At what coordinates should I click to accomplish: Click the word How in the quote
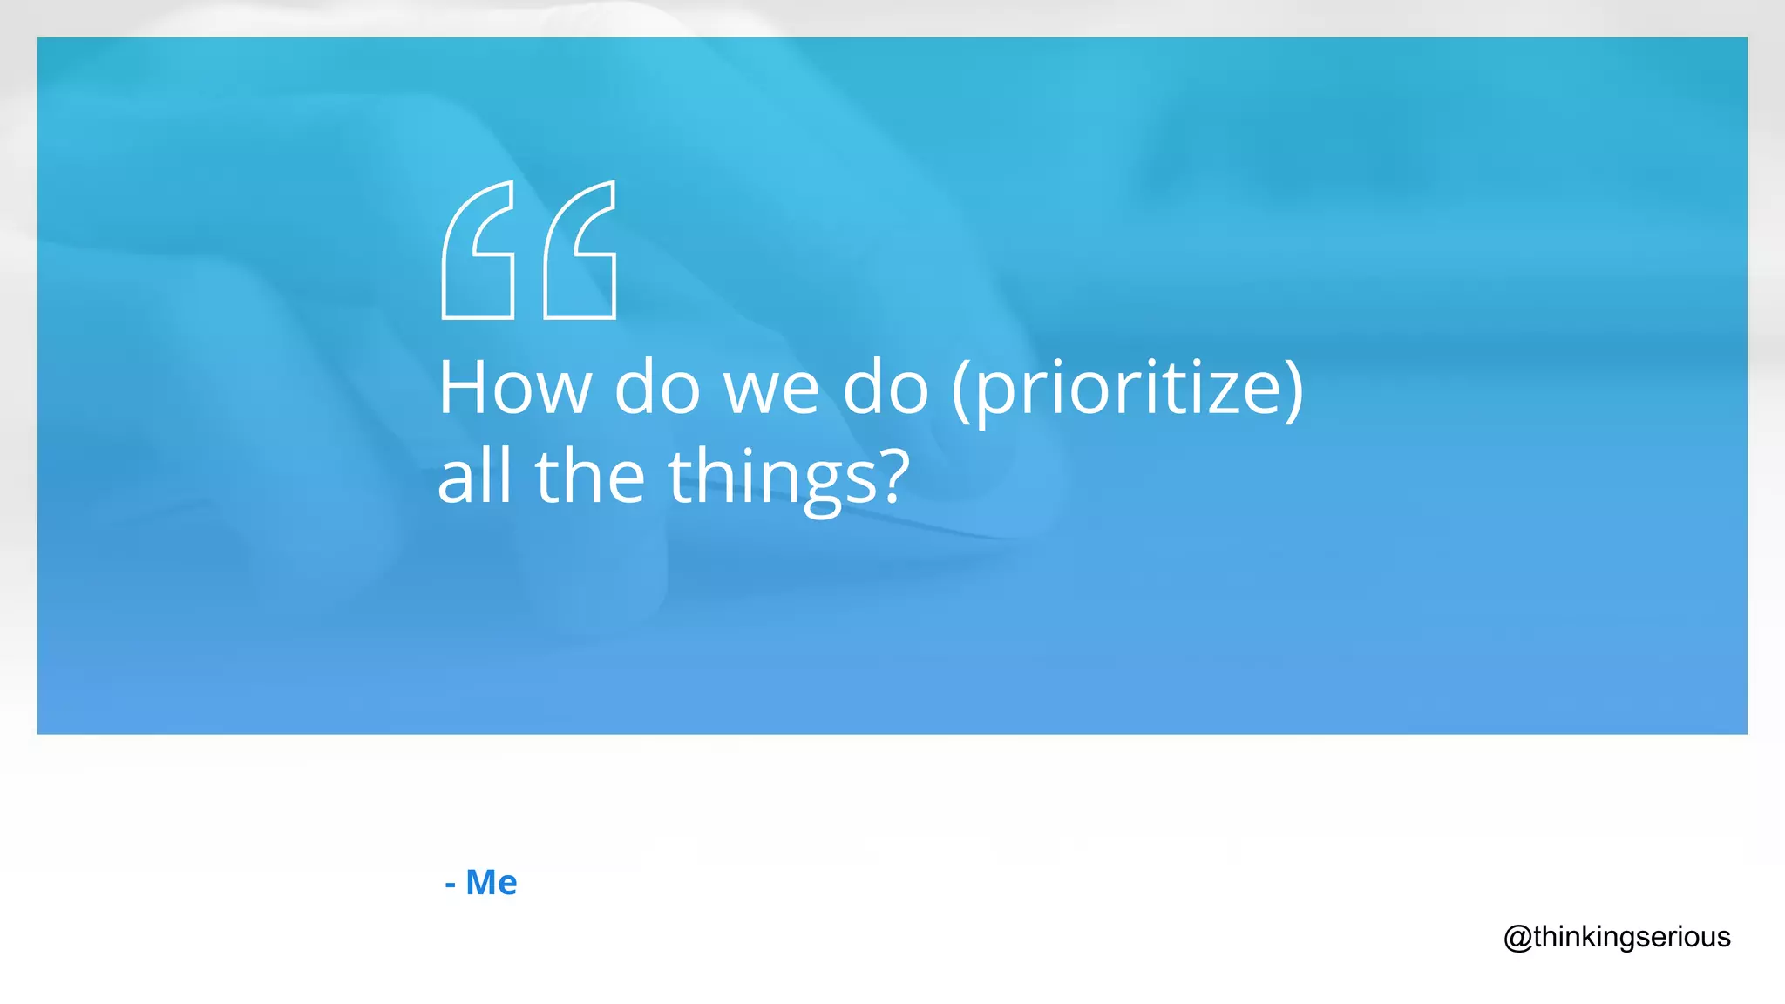click(514, 388)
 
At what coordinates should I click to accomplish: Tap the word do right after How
click(657, 388)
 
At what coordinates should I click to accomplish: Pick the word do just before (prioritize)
click(886, 388)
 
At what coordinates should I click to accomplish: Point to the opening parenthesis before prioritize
click(960, 390)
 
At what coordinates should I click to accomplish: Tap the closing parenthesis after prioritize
click(1294, 390)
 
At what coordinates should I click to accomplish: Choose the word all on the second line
click(474, 477)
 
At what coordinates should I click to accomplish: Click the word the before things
click(590, 477)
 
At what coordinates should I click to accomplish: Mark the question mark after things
click(891, 477)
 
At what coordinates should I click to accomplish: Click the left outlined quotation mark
click(478, 250)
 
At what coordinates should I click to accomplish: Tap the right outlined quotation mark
click(580, 250)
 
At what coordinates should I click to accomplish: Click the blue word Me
click(491, 883)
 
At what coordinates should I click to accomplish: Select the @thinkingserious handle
click(1617, 938)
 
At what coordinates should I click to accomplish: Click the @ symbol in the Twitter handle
click(1517, 939)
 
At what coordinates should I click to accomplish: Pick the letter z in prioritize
click(1220, 394)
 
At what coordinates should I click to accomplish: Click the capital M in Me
click(482, 883)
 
